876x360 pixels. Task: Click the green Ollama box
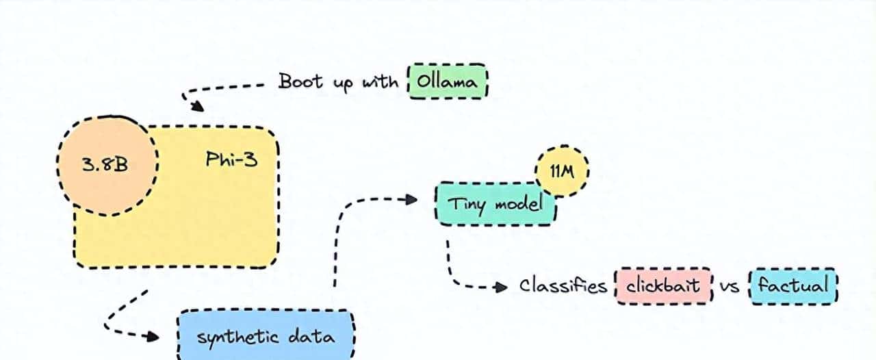pos(448,82)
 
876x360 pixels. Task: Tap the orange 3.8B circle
pos(107,164)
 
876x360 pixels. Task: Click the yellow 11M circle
pos(563,171)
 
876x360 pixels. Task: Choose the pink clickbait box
pos(664,285)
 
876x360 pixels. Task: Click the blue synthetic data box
pos(267,336)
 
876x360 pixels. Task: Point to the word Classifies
pos(563,285)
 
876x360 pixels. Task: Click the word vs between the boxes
pos(731,287)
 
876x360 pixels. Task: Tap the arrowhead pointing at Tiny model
pos(411,199)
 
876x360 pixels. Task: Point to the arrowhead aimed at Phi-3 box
pos(197,106)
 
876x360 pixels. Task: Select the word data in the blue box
pos(312,336)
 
